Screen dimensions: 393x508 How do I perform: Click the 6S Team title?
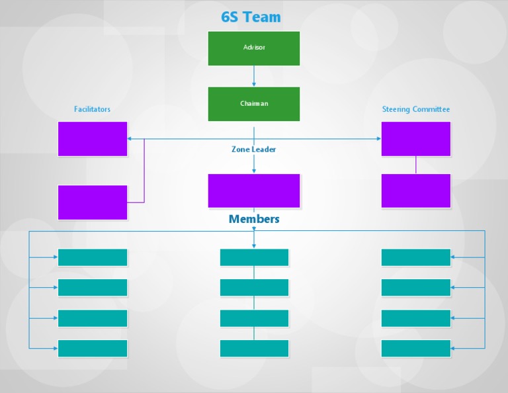[x=251, y=17]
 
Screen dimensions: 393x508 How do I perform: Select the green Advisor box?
[x=254, y=48]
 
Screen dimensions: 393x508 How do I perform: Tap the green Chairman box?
[x=254, y=104]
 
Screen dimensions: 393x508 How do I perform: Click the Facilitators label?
[x=92, y=109]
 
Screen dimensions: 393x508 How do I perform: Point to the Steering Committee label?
[x=415, y=109]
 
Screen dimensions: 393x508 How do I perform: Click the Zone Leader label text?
[x=253, y=150]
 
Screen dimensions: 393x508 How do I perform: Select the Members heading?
[x=254, y=219]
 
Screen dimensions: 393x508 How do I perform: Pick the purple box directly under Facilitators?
[x=93, y=139]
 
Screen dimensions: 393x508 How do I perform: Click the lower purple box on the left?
[x=93, y=202]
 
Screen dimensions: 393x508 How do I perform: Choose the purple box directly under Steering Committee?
[x=416, y=139]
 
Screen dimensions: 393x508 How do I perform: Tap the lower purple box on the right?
[x=416, y=191]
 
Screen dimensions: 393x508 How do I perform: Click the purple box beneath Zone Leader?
[x=254, y=191]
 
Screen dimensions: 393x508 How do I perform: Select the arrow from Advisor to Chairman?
[x=254, y=76]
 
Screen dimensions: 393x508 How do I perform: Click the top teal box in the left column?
[x=93, y=257]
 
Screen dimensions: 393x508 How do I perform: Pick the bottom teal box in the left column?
[x=93, y=349]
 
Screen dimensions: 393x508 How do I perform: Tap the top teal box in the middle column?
[x=254, y=257]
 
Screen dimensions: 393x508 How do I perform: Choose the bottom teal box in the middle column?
[x=254, y=349]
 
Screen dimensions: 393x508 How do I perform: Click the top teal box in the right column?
[x=416, y=257]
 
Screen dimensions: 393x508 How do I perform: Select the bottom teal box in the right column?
[x=416, y=349]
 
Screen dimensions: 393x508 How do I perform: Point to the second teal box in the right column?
[x=416, y=288]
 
